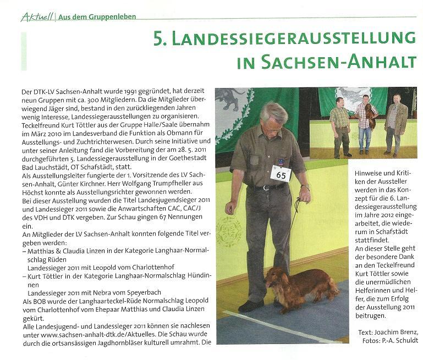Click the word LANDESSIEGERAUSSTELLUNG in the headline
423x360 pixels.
coord(292,38)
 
